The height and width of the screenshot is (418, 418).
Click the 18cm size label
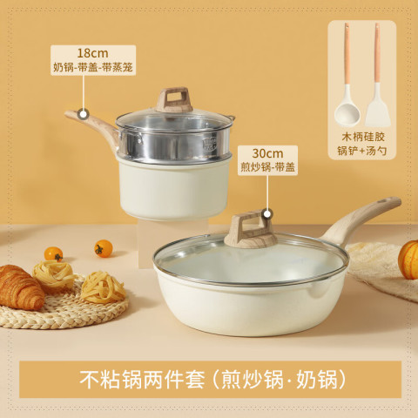(92, 53)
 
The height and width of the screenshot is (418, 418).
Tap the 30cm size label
(267, 153)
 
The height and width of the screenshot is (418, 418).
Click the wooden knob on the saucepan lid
(174, 99)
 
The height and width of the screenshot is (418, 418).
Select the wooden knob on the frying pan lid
(251, 229)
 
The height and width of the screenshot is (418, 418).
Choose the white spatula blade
(378, 106)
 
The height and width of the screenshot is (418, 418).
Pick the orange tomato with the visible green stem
(104, 248)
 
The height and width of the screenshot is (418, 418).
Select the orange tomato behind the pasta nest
(53, 253)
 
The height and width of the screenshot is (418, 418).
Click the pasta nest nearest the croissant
(54, 275)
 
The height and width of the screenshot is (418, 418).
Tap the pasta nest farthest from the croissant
(103, 287)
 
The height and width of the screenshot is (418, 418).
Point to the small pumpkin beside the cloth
(408, 260)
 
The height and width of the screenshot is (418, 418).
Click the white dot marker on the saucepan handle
(84, 114)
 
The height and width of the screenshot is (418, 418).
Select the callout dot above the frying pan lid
(267, 214)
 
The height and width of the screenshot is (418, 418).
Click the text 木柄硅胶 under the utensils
(363, 137)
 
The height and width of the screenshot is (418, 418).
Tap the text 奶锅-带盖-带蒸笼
(93, 67)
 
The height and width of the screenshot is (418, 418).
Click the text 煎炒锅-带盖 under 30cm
(267, 167)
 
